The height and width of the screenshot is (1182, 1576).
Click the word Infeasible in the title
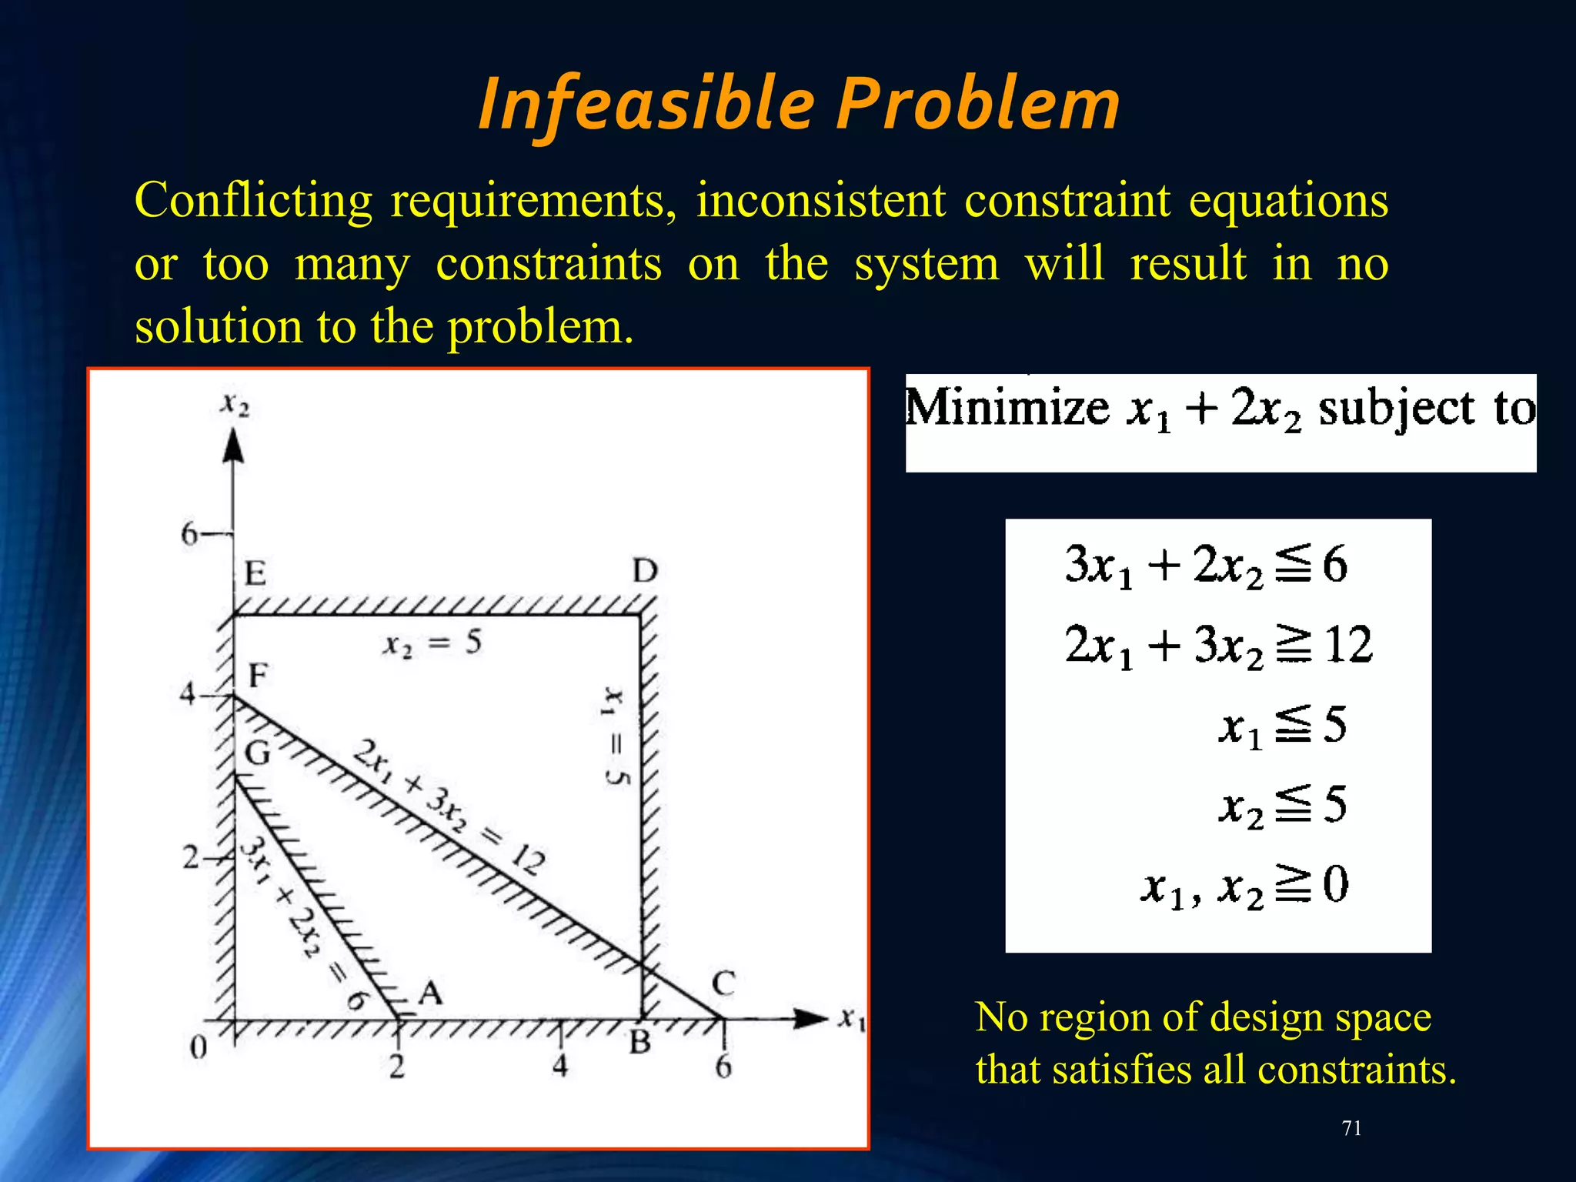click(x=646, y=104)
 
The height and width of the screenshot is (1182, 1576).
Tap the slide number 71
click(x=1351, y=1128)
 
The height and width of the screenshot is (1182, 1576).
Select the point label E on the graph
click(x=255, y=573)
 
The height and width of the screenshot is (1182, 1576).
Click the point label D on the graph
click(x=645, y=571)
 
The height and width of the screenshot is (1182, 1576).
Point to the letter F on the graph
click(x=258, y=676)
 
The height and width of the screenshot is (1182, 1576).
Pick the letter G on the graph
click(x=258, y=753)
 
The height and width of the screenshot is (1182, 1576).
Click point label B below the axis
click(x=640, y=1043)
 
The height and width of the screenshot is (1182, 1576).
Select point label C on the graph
click(x=723, y=983)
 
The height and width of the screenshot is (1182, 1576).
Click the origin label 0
click(x=199, y=1047)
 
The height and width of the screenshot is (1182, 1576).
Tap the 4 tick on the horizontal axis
click(x=560, y=1066)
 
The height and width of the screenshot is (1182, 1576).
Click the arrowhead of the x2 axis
click(x=233, y=446)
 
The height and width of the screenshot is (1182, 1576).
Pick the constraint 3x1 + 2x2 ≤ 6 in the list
click(x=1205, y=565)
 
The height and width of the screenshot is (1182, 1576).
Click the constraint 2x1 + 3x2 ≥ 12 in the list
click(x=1218, y=645)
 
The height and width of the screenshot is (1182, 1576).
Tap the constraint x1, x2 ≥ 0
click(x=1244, y=885)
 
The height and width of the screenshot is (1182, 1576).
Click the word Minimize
click(x=1007, y=408)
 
